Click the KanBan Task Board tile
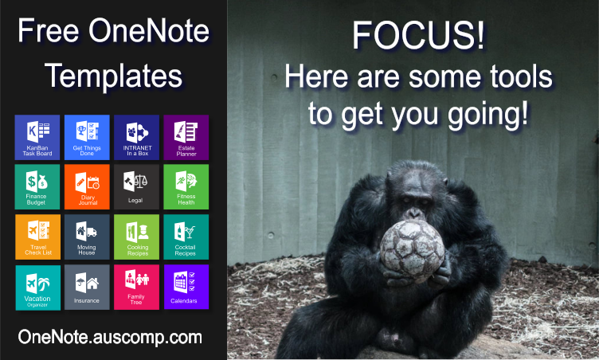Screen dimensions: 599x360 click(37, 137)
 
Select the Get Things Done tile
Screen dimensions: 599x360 click(87, 137)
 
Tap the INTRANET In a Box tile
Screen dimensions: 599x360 click(136, 137)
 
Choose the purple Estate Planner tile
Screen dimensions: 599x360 click(186, 137)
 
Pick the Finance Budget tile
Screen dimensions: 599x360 click(37, 187)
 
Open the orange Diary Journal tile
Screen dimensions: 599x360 click(87, 187)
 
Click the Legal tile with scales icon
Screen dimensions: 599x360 click(136, 187)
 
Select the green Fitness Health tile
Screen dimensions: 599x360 click(186, 187)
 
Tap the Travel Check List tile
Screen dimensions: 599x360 click(37, 237)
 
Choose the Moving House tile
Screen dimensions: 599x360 click(87, 237)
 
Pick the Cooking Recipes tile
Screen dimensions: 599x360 click(136, 237)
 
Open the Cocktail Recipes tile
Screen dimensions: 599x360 click(186, 237)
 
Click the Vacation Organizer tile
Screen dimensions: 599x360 click(37, 288)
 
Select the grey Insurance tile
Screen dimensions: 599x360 click(87, 288)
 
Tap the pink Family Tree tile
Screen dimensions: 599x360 click(136, 287)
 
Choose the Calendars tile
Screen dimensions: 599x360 click(186, 287)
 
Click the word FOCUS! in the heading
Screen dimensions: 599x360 click(418, 35)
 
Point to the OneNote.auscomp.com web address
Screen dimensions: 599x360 click(110, 337)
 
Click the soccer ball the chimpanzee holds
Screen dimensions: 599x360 click(412, 250)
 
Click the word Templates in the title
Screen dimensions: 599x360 click(113, 76)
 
